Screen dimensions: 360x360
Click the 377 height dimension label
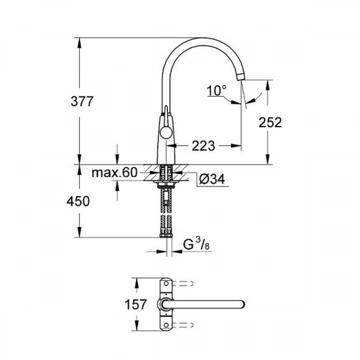pyautogui.click(x=82, y=102)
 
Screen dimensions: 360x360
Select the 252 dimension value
pyautogui.click(x=270, y=122)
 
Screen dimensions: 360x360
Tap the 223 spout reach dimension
pyautogui.click(x=203, y=146)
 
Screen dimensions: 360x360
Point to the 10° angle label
pyautogui.click(x=216, y=90)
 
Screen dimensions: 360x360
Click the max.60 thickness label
pyautogui.click(x=114, y=172)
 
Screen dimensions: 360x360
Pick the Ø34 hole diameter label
pyautogui.click(x=212, y=179)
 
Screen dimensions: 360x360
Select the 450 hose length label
pyautogui.click(x=78, y=201)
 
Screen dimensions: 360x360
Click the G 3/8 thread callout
pyautogui.click(x=196, y=244)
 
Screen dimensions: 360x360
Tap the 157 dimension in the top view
pyautogui.click(x=136, y=305)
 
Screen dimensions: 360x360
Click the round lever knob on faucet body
pyautogui.click(x=166, y=132)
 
